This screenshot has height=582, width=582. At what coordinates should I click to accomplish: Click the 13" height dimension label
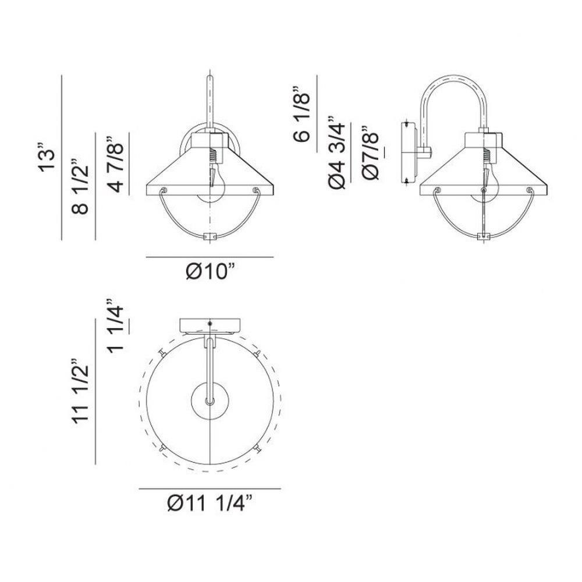point(47,156)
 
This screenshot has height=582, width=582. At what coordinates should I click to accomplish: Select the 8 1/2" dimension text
point(80,187)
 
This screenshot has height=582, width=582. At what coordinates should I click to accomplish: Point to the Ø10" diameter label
point(211,272)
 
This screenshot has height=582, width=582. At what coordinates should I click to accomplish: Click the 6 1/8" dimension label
point(301,115)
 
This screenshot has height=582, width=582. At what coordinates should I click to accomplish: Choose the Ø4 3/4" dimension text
point(336,152)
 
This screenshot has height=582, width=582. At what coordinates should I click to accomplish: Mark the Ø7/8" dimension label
point(370,152)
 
